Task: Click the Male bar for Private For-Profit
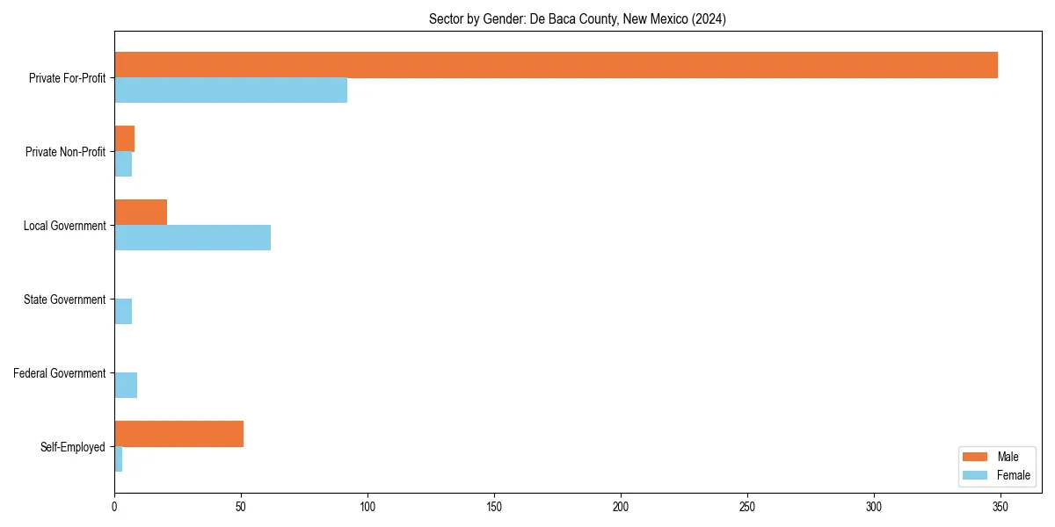click(x=556, y=65)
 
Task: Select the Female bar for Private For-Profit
click(x=230, y=90)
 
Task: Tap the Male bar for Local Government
click(x=141, y=213)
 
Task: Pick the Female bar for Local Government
click(x=193, y=238)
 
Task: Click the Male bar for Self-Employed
click(x=178, y=434)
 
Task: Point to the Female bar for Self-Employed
click(x=118, y=459)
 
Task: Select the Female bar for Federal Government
click(x=126, y=386)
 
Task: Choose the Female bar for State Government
click(x=123, y=312)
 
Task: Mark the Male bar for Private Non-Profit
click(x=124, y=139)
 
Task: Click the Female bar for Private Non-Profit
click(x=123, y=164)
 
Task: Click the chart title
click(x=578, y=18)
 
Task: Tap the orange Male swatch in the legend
click(x=975, y=457)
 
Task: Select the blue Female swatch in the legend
click(x=975, y=475)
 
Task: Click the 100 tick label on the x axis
click(x=367, y=507)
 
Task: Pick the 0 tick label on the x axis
click(x=114, y=507)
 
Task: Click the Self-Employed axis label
click(x=73, y=447)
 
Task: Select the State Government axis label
click(x=64, y=300)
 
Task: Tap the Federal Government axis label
click(x=60, y=373)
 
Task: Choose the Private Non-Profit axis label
click(x=65, y=152)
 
